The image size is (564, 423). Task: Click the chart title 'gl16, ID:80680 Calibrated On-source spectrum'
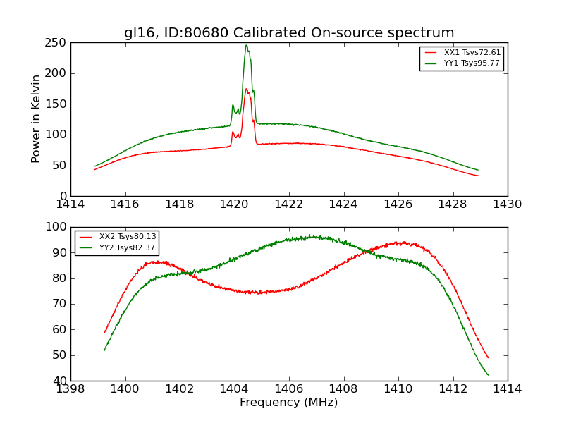pyautogui.click(x=289, y=33)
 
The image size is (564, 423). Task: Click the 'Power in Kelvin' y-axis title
pyautogui.click(x=37, y=119)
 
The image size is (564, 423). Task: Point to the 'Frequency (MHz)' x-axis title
pyautogui.click(x=289, y=403)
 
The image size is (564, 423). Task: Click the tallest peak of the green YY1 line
pyautogui.click(x=246, y=46)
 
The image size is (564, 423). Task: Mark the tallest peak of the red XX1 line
pyautogui.click(x=246, y=89)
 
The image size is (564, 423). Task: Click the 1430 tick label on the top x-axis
pyautogui.click(x=508, y=204)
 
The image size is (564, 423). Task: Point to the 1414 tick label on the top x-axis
pyautogui.click(x=71, y=204)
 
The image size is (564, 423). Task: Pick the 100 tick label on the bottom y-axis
pyautogui.click(x=56, y=227)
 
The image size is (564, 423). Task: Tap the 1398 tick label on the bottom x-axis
pyautogui.click(x=71, y=389)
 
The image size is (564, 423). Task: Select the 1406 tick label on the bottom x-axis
pyautogui.click(x=289, y=389)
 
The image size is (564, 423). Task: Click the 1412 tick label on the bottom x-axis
pyautogui.click(x=453, y=389)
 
